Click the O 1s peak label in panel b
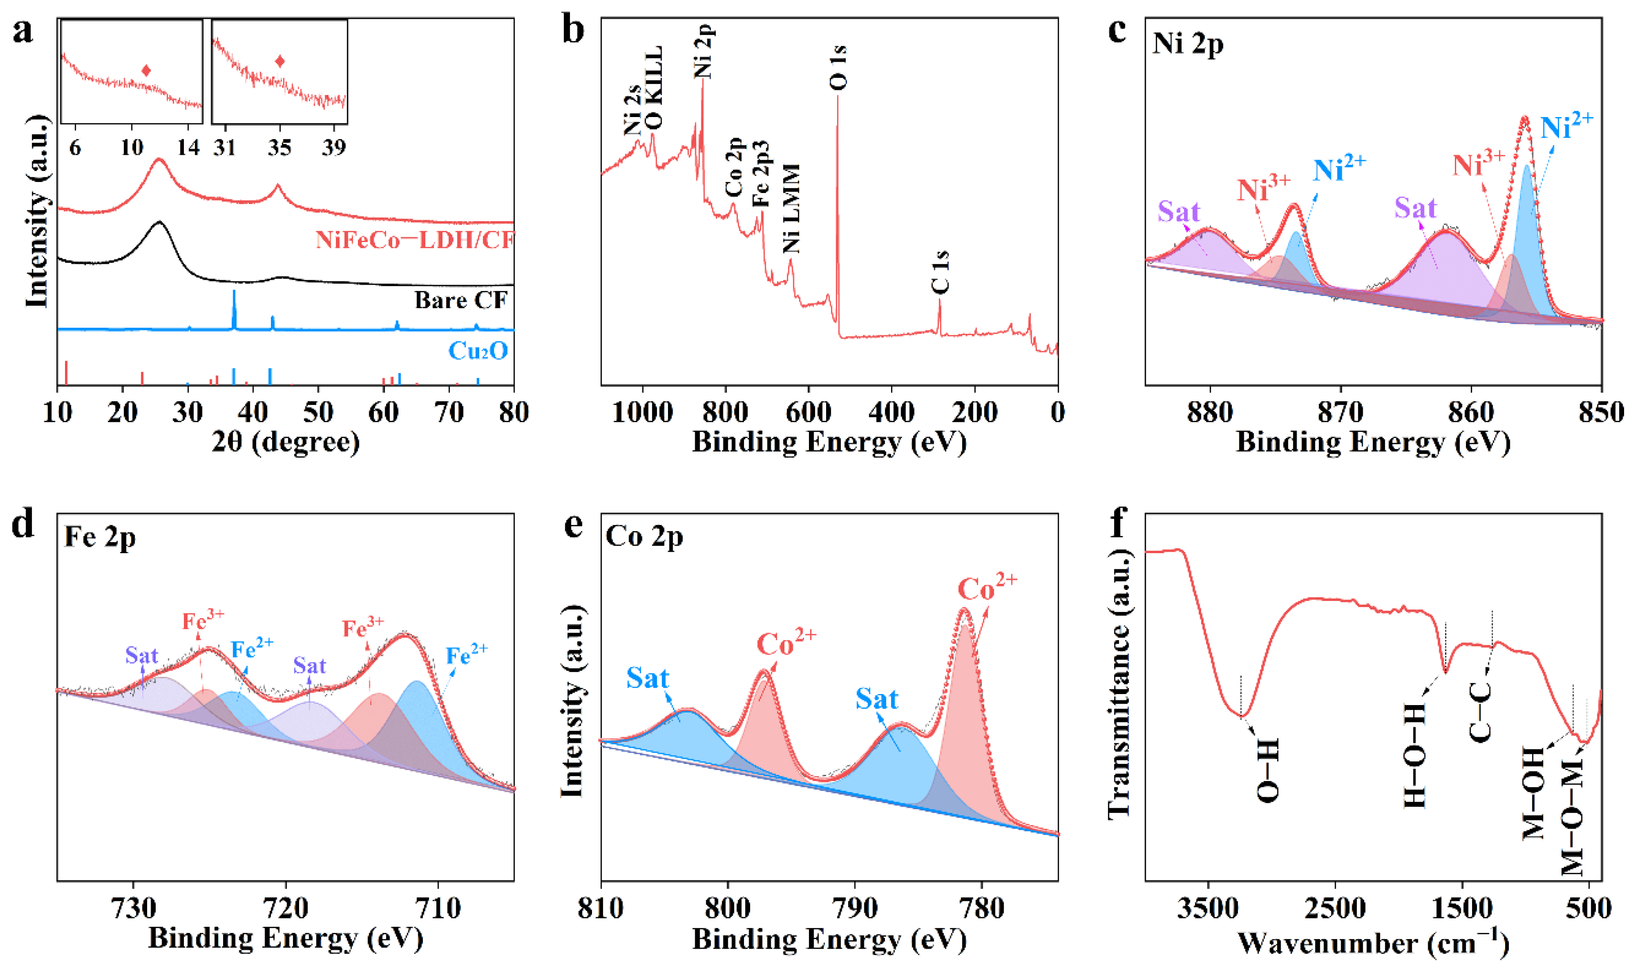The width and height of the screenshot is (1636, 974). (839, 68)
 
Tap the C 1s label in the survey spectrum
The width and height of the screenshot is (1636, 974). (940, 272)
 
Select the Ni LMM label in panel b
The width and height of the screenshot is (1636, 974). (791, 209)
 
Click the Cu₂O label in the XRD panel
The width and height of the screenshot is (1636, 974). (478, 351)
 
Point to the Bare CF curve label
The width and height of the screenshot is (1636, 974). (461, 300)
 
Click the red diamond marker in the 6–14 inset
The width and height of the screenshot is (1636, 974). (146, 71)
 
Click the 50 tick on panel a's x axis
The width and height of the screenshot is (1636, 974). (318, 413)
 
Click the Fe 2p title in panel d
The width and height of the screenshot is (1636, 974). (100, 537)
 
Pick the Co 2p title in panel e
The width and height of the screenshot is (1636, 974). (644, 537)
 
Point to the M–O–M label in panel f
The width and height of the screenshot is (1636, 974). (1573, 817)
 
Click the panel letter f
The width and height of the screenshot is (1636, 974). (1118, 525)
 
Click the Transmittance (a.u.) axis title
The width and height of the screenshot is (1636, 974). (1119, 683)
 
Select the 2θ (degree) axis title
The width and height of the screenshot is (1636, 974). (286, 442)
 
